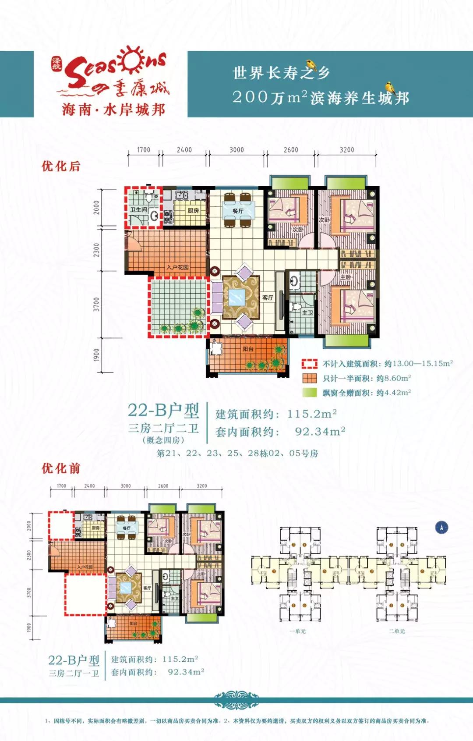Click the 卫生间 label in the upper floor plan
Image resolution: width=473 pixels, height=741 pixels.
coord(138,210)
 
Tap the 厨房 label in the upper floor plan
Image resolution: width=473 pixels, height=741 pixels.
coord(193,211)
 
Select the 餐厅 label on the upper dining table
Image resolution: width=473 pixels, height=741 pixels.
coord(238,211)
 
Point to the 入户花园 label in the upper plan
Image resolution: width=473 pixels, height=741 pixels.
coord(177,267)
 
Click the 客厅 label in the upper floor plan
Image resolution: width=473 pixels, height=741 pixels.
coord(268,298)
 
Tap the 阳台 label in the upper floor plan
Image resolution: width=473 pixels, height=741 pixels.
coord(248,349)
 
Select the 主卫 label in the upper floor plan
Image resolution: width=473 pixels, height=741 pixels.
coord(307,312)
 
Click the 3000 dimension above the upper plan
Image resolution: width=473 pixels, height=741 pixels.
coord(236,150)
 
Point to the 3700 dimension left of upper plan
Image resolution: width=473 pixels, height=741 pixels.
coord(96,304)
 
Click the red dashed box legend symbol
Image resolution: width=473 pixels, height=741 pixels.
coord(309,364)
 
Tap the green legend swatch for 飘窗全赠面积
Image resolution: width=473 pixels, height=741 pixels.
coord(309,393)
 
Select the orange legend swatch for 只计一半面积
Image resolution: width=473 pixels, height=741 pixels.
coord(309,378)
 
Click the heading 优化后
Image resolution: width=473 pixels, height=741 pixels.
coord(61,166)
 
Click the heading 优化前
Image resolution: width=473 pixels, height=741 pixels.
coord(61,468)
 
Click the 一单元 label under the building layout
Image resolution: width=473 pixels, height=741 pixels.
coord(298,631)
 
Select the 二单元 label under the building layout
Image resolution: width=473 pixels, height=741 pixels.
coord(397,631)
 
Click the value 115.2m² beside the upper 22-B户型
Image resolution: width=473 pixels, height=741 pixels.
coord(312,414)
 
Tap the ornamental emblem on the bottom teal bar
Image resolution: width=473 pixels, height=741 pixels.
coord(236,700)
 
